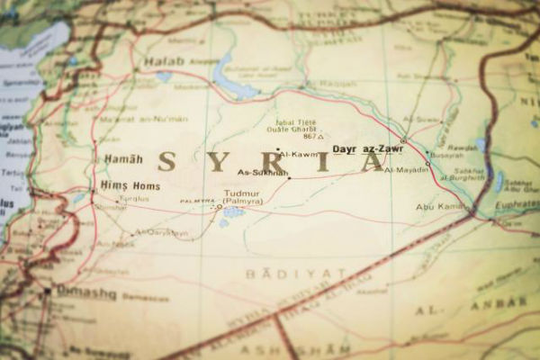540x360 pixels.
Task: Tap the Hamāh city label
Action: (123, 159)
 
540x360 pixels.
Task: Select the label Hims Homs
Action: (130, 185)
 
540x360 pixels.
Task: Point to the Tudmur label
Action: (243, 193)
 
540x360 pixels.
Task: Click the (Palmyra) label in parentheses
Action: (243, 202)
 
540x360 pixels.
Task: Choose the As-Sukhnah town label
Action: (262, 172)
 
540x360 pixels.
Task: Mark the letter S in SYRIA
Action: (166, 162)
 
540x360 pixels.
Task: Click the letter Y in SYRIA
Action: (217, 162)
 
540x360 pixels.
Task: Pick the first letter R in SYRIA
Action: (267, 162)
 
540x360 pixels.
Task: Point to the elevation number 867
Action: (310, 137)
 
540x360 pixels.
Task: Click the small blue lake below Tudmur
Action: (232, 213)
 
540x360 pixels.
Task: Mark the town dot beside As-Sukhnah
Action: (288, 177)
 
